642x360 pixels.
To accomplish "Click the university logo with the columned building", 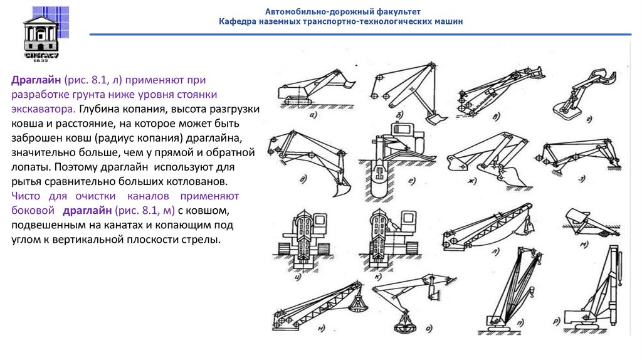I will click(x=41, y=33).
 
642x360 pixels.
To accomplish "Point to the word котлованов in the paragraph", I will click(x=201, y=181).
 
